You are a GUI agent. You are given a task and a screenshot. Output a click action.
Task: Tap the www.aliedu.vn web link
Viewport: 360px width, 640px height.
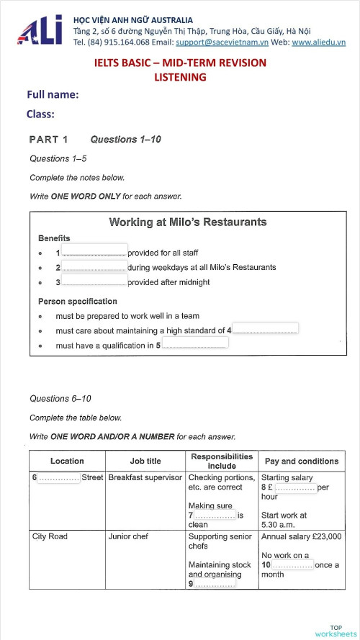pos(318,42)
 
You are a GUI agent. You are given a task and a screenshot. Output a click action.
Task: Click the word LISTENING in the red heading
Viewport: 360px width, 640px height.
pos(180,77)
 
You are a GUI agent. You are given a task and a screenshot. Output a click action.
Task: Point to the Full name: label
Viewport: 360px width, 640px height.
pos(53,95)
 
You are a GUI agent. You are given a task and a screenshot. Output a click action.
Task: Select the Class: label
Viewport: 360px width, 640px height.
pos(40,114)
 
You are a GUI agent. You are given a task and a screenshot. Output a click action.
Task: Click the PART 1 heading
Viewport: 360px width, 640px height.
pos(48,140)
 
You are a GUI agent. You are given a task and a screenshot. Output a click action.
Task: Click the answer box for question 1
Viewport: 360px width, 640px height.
pos(94,252)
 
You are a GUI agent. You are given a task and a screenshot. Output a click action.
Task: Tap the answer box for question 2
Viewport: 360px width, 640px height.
pos(94,266)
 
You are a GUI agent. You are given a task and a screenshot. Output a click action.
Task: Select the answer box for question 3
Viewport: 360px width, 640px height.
pos(94,281)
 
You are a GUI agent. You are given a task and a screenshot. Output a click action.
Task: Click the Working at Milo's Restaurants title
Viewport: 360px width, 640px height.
pos(187,222)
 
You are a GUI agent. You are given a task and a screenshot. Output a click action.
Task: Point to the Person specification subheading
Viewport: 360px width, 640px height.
pos(77,301)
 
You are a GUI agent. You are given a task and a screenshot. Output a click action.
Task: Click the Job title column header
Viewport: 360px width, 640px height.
pos(145,461)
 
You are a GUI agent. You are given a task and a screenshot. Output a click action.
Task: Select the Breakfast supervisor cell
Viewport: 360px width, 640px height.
pos(145,477)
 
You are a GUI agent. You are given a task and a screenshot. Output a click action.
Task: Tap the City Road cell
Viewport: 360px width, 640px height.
pos(50,536)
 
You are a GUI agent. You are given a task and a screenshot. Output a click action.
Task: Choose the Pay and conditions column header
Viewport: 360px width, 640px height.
pos(301,461)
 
